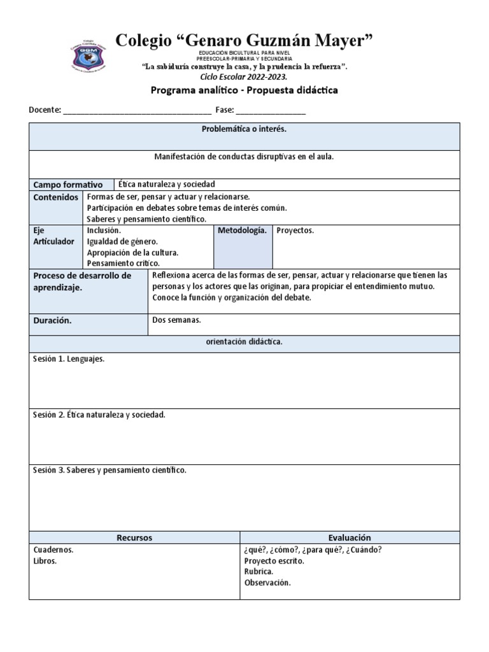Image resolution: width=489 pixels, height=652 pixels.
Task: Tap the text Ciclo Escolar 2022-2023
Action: [x=244, y=76]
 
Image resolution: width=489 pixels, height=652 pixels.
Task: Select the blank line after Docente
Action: [x=137, y=110]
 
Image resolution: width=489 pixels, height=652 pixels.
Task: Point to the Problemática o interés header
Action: [x=244, y=129]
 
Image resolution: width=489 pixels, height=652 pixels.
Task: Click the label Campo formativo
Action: [x=68, y=185]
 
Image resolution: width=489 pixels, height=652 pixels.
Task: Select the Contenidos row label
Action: [x=56, y=197]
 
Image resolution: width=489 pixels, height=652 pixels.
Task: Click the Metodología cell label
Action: [x=242, y=230]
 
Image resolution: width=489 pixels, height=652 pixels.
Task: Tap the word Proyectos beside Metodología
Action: [x=295, y=230]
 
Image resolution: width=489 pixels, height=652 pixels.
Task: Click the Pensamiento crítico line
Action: [x=124, y=263]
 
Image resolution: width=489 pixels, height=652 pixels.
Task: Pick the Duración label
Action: [x=52, y=321]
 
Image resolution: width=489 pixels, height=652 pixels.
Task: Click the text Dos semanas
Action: [x=176, y=320]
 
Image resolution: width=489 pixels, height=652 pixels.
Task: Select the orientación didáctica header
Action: [x=244, y=343]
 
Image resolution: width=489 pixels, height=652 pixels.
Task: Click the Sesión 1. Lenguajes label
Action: [x=69, y=359]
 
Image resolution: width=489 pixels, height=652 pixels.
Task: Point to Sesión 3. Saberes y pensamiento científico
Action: [x=110, y=471]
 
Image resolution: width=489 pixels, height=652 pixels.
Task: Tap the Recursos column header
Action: [x=134, y=538]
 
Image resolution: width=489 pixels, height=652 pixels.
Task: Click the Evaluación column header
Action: [x=349, y=538]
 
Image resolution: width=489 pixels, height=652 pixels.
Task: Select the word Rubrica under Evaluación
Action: [x=259, y=572]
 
